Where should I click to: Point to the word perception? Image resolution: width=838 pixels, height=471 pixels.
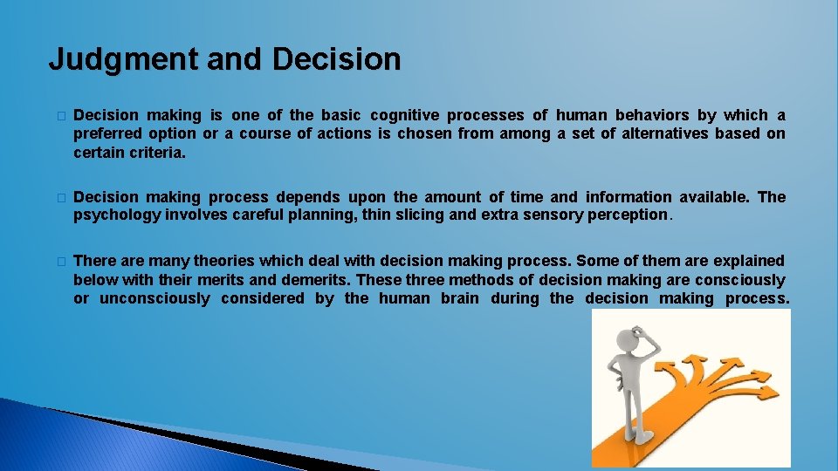(x=626, y=215)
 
